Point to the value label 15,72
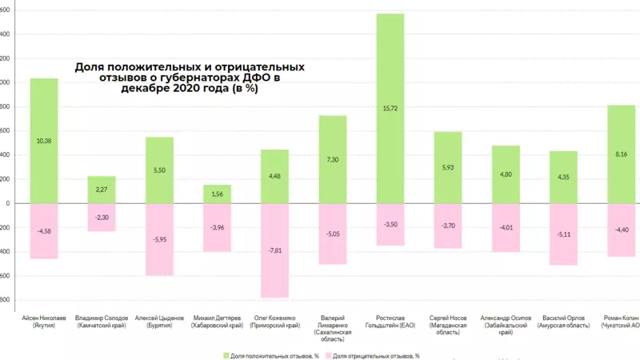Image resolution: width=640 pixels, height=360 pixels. pyautogui.click(x=390, y=108)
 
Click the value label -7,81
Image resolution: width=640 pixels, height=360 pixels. pyautogui.click(x=274, y=250)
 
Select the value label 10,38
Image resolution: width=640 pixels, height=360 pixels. pyautogui.click(x=44, y=141)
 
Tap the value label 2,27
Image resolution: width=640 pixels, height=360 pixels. pyautogui.click(x=102, y=190)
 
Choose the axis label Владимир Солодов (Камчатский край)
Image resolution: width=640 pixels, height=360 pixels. pyautogui.click(x=102, y=322)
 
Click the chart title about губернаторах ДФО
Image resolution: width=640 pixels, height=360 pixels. pyautogui.click(x=190, y=78)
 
